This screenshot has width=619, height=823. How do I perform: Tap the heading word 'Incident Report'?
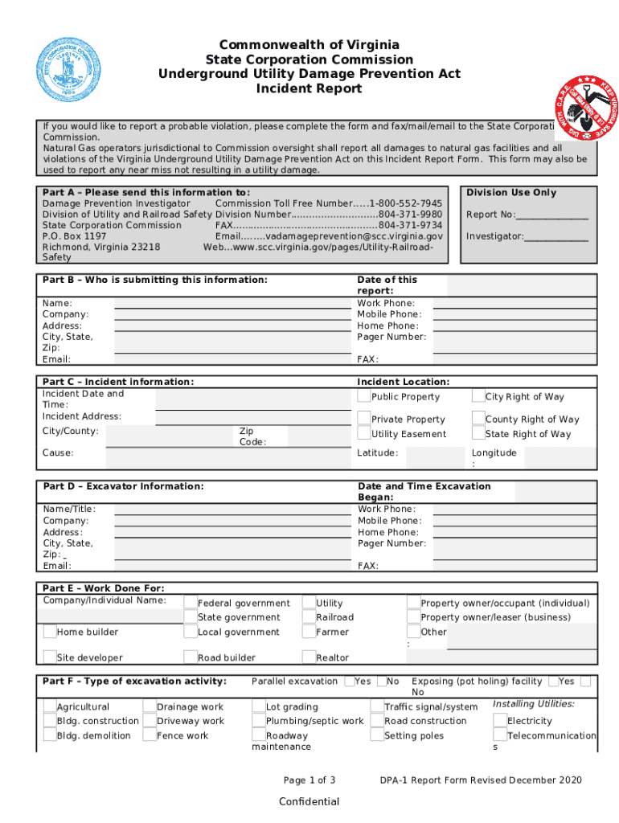(309, 88)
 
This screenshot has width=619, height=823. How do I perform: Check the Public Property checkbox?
(364, 396)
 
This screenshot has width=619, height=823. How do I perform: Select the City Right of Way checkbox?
(478, 396)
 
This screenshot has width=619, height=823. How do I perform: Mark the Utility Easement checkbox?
(364, 434)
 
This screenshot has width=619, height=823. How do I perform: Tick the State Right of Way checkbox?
(478, 434)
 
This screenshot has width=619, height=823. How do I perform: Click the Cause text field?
(225, 457)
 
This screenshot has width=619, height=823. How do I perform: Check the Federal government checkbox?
(191, 603)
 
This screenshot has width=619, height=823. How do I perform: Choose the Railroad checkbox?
(309, 617)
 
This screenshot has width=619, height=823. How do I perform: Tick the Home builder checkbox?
(50, 633)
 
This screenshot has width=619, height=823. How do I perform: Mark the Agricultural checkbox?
(50, 706)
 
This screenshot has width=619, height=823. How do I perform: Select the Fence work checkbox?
(150, 735)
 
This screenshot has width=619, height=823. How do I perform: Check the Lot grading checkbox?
(259, 706)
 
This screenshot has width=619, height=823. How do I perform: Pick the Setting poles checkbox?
(378, 735)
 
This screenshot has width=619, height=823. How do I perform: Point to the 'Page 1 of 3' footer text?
(309, 780)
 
